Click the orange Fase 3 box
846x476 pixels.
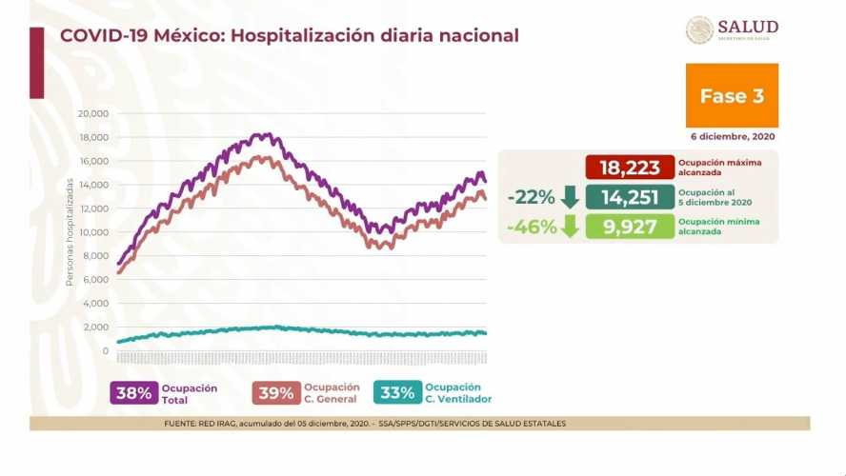[732, 95]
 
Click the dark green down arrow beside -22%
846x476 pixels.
[570, 198]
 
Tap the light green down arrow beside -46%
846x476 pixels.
[570, 228]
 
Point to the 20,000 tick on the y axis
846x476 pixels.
[92, 113]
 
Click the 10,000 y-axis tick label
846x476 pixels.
[92, 232]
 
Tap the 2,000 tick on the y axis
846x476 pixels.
[96, 327]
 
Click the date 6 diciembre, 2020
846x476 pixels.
[735, 137]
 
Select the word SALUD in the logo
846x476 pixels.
[748, 27]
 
